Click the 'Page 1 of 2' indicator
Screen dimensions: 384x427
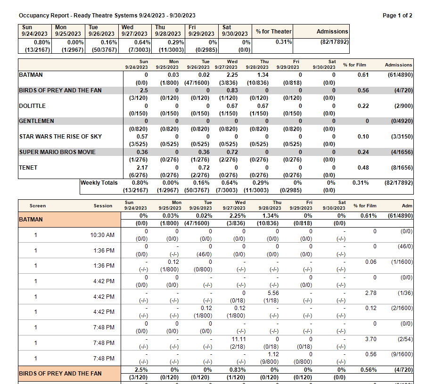tap(397, 16)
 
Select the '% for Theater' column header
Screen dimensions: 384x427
tap(274, 31)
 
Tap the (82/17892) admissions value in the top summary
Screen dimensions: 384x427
tap(332, 41)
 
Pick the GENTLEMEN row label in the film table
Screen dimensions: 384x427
tap(37, 121)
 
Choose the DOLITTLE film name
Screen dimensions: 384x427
tap(33, 106)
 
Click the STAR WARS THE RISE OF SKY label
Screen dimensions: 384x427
tap(60, 137)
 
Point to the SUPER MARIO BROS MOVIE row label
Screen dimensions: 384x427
tap(57, 152)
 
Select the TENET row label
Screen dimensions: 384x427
tap(28, 168)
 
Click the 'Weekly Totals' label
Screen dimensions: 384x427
tap(99, 183)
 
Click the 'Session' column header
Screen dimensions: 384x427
tap(103, 206)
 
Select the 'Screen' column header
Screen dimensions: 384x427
tap(38, 206)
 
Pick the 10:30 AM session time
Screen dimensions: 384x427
tap(102, 235)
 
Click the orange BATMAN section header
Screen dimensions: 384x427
tap(31, 220)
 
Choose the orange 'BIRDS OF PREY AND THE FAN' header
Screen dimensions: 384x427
tap(60, 374)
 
